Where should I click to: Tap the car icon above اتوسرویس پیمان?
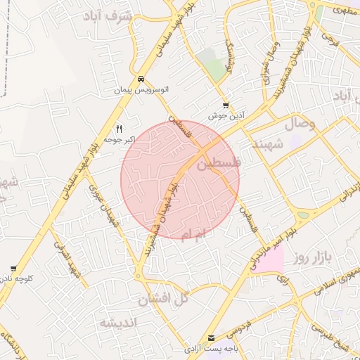coord(141,79)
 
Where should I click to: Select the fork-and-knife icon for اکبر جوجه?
coord(119,129)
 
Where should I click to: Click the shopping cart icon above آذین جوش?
coord(225,105)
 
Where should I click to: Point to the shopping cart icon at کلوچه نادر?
coord(13,268)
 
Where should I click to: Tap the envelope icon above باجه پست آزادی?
coord(212,338)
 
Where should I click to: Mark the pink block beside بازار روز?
coord(273,260)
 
